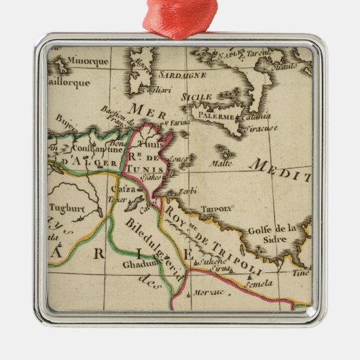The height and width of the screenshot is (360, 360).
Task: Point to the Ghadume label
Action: pyautogui.click(x=138, y=264)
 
